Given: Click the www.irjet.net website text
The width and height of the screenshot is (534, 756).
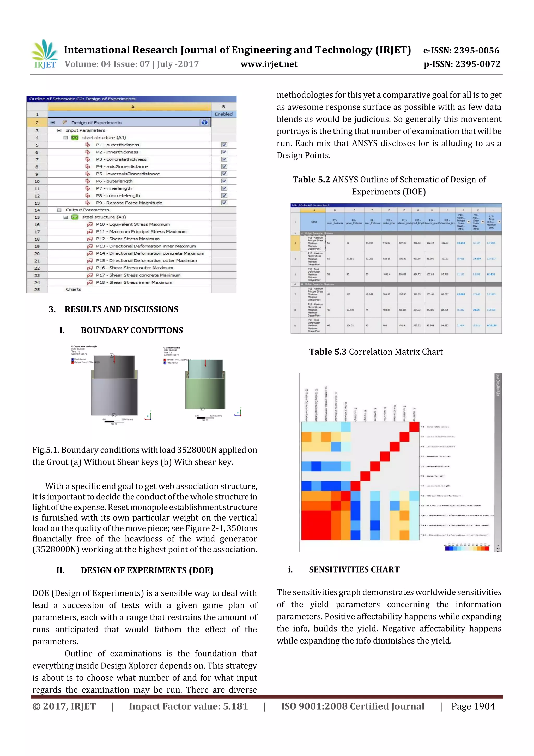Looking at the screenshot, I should coord(269,64).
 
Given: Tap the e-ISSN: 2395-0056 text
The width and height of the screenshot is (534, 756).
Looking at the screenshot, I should coord(461,50).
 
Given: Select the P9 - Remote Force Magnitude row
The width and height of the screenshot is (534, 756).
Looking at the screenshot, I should coord(129,203).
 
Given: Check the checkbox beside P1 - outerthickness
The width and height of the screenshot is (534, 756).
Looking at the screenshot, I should coord(224,145).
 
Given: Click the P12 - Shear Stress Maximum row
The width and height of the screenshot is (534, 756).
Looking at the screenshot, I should coord(128,239).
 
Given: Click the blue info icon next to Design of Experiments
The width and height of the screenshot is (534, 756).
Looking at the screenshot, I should coord(204,122).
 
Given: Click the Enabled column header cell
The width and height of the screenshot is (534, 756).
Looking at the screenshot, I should coord(223,114).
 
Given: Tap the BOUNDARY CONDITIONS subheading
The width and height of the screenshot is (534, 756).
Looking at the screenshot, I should coord(132,330).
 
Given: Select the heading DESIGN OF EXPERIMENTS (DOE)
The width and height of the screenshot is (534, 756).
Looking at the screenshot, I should coord(147,570).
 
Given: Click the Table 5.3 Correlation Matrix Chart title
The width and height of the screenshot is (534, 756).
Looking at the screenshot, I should coord(375,352).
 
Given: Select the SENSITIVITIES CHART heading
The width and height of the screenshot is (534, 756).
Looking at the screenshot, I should coord(354,569).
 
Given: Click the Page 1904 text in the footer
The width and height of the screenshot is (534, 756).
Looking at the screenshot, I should coord(473,706).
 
